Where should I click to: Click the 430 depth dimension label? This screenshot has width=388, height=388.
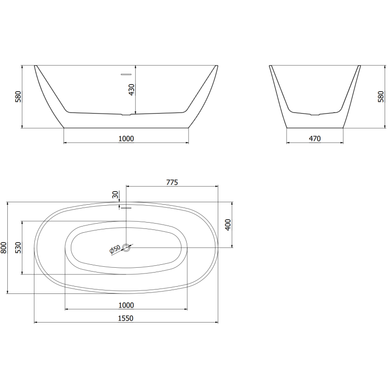click(131, 89)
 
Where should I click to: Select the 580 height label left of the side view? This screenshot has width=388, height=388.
click(18, 97)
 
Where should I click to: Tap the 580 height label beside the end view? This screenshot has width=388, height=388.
click(380, 97)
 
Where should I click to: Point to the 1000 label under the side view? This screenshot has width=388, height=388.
click(126, 139)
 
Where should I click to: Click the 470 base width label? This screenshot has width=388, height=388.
click(315, 139)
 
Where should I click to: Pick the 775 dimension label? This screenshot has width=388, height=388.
click(172, 182)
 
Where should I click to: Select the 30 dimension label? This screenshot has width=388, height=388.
click(115, 195)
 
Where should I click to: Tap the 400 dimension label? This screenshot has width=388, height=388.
click(228, 225)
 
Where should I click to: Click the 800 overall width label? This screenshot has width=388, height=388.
click(4, 248)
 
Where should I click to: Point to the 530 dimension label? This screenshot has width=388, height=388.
click(18, 248)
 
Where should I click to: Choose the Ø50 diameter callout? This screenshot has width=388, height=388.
click(114, 249)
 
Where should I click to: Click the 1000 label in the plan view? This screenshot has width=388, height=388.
click(126, 305)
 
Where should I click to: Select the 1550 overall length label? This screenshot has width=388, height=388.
click(126, 318)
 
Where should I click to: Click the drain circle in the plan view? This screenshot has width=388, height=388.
click(127, 248)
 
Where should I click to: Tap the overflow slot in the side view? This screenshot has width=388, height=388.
click(126, 74)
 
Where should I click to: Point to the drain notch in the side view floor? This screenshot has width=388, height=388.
click(126, 115)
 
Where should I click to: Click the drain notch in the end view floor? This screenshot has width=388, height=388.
click(315, 115)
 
